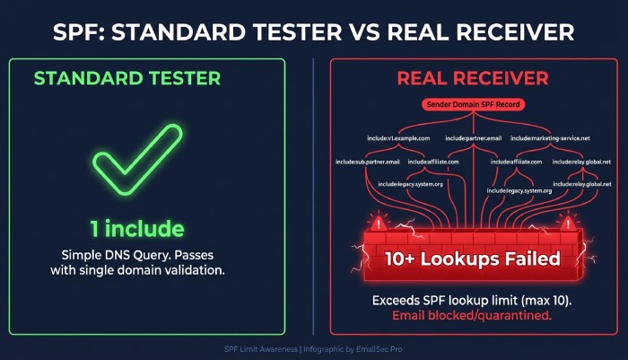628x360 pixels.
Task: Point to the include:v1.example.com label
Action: pos(398,138)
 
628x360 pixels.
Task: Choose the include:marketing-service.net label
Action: pos(550,138)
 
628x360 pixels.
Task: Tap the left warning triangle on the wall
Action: pos(380,223)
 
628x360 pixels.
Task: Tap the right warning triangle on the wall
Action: pos(565,223)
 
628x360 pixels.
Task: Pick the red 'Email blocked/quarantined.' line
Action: pos(471,315)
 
